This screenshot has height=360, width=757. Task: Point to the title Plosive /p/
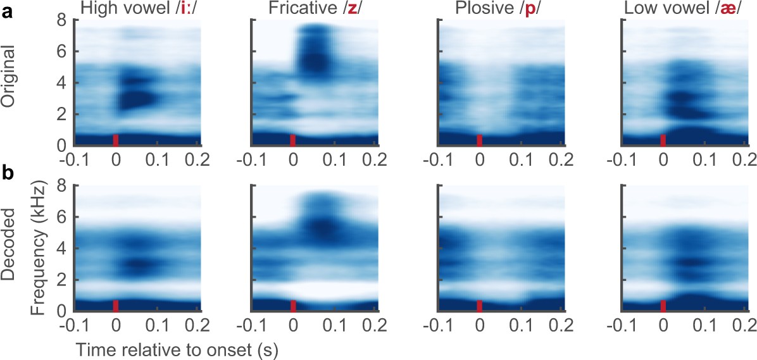(501, 8)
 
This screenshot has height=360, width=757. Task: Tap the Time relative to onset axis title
(178, 349)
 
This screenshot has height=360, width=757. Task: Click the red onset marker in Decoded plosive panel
(480, 306)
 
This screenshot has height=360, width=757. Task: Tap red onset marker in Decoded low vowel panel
(663, 306)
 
